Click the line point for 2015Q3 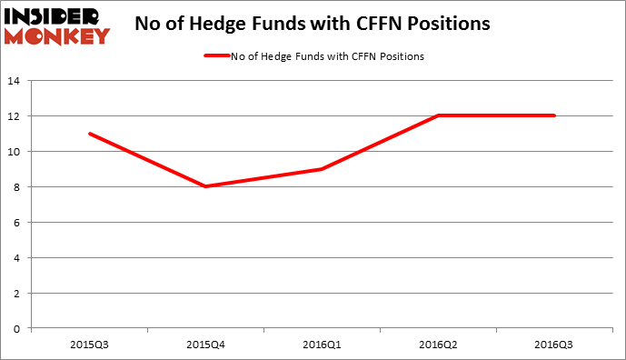[90, 134]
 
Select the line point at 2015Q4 [206, 186]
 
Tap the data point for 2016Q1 [323, 169]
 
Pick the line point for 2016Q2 [439, 115]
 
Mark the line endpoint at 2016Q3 [555, 115]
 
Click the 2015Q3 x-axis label [90, 345]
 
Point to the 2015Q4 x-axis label [206, 345]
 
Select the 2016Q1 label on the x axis [323, 345]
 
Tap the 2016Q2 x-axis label [439, 345]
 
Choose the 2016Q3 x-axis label [555, 345]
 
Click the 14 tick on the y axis [16, 81]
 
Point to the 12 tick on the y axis [16, 116]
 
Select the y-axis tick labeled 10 [16, 152]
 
